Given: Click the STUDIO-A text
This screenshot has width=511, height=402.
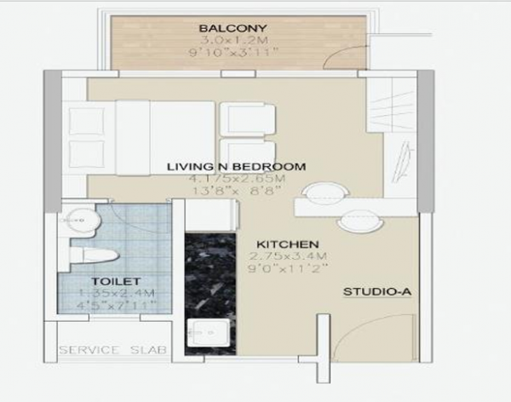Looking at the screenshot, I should point(377,293).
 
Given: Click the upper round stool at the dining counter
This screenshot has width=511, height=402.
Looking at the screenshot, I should point(324,193).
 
